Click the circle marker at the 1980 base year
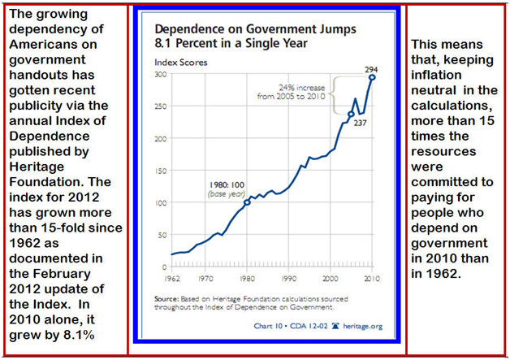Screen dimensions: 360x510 [x=248, y=202]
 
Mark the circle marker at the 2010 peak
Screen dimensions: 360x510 [x=373, y=77]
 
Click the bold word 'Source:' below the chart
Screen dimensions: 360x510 [x=167, y=299]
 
